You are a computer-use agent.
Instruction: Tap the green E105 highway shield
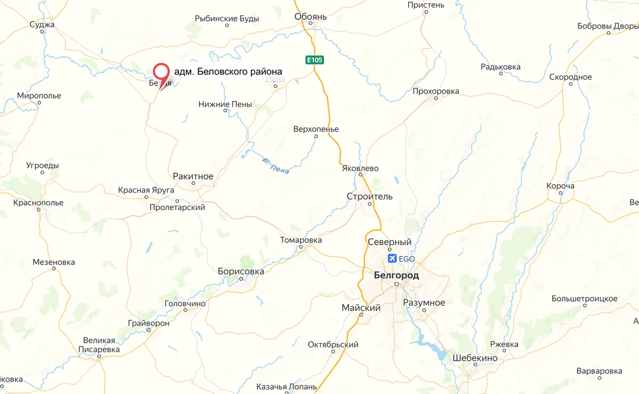(x=314, y=60)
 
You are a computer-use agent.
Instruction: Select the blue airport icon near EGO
(x=393, y=259)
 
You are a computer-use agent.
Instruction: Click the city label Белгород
(x=396, y=275)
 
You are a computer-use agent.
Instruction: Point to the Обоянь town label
(x=311, y=17)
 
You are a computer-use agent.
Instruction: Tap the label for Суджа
(x=42, y=24)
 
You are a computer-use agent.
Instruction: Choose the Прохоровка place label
(x=435, y=91)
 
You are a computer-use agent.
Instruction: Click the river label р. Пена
(x=275, y=165)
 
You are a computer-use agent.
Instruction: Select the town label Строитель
(x=370, y=196)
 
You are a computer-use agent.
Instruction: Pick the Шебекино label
(x=475, y=358)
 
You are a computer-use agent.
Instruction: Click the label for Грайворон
(x=149, y=323)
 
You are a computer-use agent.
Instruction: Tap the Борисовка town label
(x=240, y=271)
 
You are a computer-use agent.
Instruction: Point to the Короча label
(x=560, y=186)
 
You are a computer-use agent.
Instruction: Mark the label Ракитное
(x=193, y=176)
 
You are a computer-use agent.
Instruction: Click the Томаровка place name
(x=301, y=240)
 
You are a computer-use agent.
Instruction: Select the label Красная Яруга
(x=146, y=190)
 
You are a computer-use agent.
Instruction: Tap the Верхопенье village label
(x=316, y=129)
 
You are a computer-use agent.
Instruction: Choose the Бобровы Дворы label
(x=608, y=26)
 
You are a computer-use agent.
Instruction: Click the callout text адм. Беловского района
(x=228, y=72)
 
